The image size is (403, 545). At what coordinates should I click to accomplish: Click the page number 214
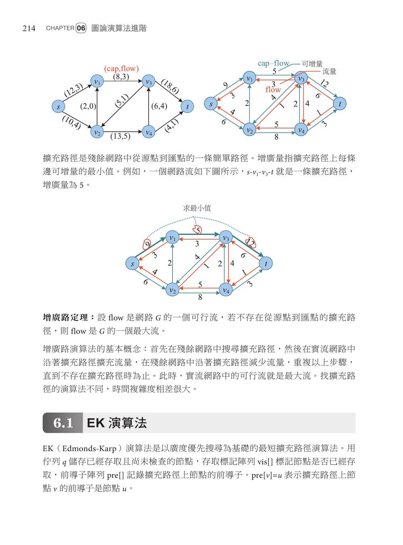pos(29,28)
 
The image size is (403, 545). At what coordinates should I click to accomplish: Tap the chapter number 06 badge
pos(81,28)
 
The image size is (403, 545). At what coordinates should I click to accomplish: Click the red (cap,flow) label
pos(121,68)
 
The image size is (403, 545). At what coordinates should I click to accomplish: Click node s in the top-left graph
pos(59,106)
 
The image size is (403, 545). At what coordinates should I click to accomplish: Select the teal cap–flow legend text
pos(274,63)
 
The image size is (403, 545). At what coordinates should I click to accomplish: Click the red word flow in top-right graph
pos(273,90)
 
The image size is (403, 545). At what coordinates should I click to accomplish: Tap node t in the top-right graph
pos(340,104)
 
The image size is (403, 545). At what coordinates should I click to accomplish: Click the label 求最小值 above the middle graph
pos(197,208)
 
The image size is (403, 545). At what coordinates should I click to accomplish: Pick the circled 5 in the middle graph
pos(197,230)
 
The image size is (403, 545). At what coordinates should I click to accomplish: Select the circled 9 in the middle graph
pos(147,244)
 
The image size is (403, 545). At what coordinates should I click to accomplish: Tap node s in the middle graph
pos(132,264)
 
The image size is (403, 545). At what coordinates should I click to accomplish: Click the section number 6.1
pos(63,423)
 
